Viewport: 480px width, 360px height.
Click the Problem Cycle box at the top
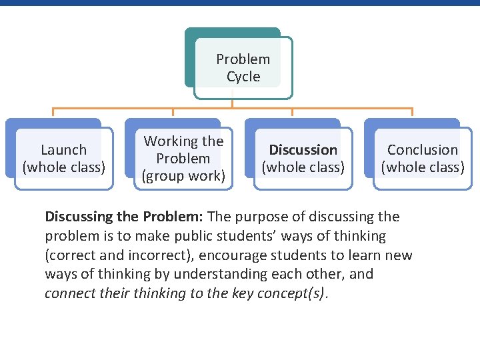point(243,67)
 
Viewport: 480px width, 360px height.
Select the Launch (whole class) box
point(63,158)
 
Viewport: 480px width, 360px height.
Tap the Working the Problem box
point(183,159)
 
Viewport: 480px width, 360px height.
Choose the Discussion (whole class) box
point(303,158)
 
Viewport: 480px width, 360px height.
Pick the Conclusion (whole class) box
point(422,158)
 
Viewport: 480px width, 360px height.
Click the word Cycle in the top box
point(243,77)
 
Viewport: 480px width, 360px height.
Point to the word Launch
point(64,150)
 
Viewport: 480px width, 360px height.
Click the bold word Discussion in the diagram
point(303,150)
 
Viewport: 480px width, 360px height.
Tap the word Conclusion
point(423,150)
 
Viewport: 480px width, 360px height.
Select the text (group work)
point(183,176)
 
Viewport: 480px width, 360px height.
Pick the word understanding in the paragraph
point(214,274)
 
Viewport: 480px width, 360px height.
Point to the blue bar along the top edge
point(240,3)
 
